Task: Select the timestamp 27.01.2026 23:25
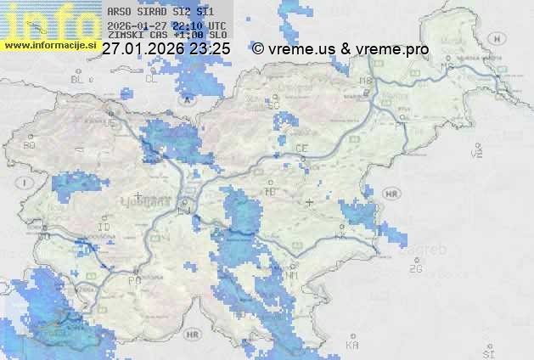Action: pyautogui.click(x=166, y=49)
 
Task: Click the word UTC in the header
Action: pyautogui.click(x=217, y=26)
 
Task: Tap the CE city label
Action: pyautogui.click(x=301, y=148)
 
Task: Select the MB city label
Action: pyautogui.click(x=367, y=82)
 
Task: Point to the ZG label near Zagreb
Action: pyautogui.click(x=415, y=269)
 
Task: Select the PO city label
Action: pyautogui.click(x=133, y=279)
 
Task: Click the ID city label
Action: pyautogui.click(x=104, y=228)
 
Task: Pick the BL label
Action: pyautogui.click(x=80, y=79)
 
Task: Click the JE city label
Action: pyautogui.click(x=110, y=123)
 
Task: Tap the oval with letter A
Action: pyautogui.click(x=186, y=98)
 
